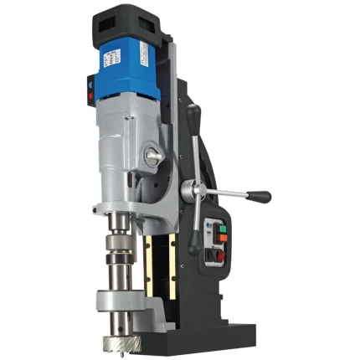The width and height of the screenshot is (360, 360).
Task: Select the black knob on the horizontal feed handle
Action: click(x=260, y=198)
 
